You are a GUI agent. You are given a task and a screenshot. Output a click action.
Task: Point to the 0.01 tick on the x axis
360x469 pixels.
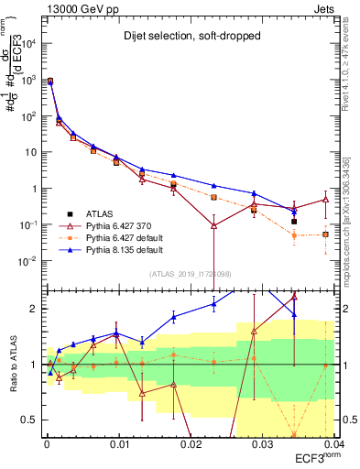119,442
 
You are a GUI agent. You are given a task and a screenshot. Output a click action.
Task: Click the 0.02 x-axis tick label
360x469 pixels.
190,442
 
